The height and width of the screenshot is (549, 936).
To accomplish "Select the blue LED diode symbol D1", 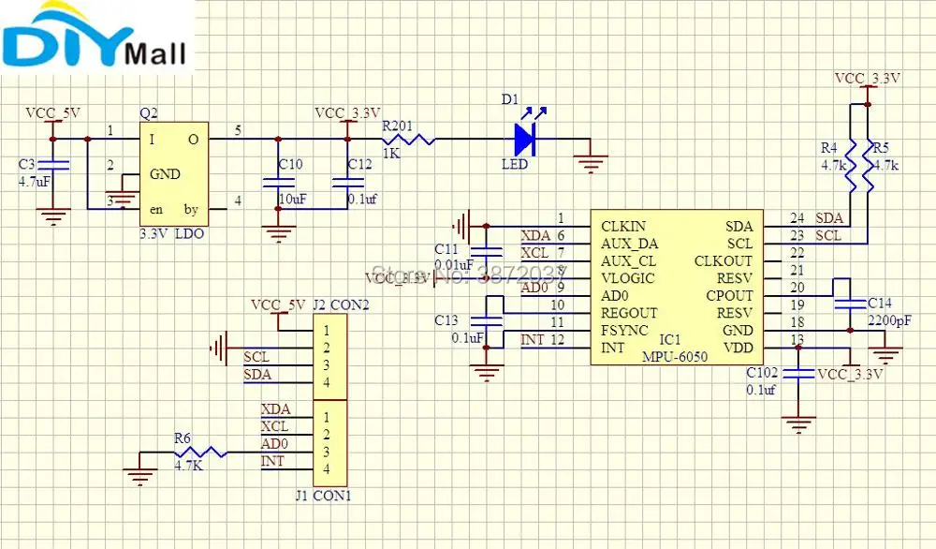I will (524, 141).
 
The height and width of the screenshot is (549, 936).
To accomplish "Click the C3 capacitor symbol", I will (54, 165).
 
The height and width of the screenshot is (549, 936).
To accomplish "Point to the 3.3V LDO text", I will (172, 232).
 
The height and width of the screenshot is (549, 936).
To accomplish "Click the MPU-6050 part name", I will (674, 357).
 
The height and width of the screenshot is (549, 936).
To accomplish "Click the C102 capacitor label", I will (761, 372).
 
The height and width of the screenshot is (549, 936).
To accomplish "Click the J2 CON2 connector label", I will (341, 304).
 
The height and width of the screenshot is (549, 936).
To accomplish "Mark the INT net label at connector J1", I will (272, 461).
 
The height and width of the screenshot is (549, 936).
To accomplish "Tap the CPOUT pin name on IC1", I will (730, 296).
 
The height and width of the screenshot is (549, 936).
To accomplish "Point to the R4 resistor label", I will (829, 148).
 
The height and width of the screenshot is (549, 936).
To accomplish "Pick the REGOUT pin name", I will (630, 313).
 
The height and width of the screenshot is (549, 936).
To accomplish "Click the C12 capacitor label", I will (359, 164).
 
